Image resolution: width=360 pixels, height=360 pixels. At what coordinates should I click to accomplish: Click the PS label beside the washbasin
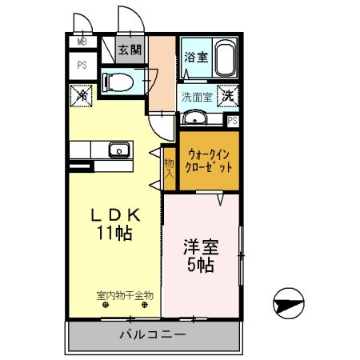[x=232, y=121]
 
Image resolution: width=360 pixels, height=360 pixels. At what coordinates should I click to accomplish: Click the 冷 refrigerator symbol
[x=83, y=94]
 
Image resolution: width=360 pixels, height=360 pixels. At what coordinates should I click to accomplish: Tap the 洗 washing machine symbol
[x=227, y=94]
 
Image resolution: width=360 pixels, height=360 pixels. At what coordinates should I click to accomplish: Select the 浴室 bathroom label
[x=195, y=57]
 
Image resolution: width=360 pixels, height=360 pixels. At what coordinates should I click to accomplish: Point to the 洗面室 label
[x=196, y=98]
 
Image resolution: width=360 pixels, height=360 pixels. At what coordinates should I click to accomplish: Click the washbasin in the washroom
[x=196, y=119]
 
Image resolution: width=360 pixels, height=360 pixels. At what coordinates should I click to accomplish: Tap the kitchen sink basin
[x=118, y=150]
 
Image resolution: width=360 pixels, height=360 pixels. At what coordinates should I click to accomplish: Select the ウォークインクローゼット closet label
[x=209, y=163]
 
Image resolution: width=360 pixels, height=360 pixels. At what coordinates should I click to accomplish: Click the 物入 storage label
[x=170, y=167]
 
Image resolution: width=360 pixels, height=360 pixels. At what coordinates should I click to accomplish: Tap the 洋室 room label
[x=200, y=246]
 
